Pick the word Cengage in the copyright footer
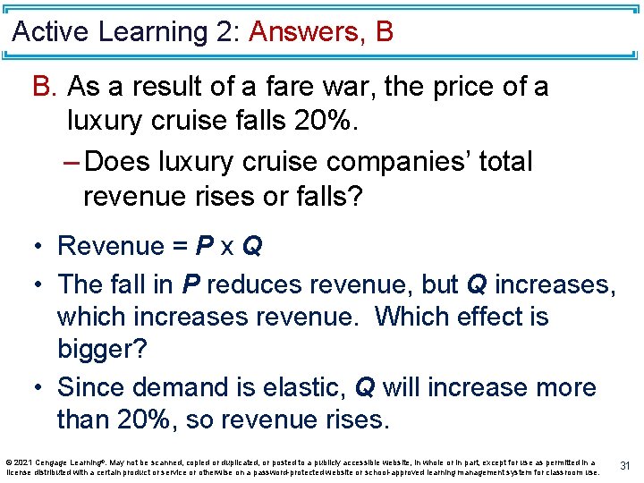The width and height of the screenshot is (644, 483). point(55,462)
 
